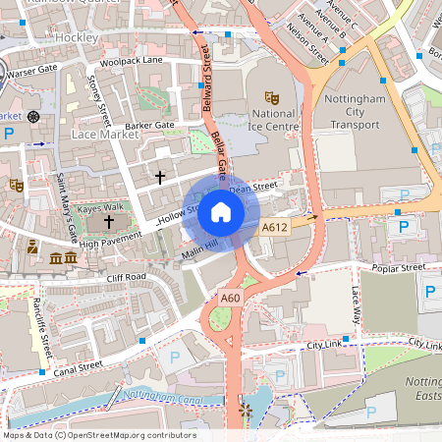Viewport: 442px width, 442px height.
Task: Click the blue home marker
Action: coord(221,211)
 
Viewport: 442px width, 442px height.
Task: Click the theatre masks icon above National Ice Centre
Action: coord(272,97)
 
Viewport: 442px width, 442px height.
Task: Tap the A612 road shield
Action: coord(274,228)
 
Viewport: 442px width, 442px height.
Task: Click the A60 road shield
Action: coord(231,298)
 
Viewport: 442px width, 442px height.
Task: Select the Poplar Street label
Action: coord(399,266)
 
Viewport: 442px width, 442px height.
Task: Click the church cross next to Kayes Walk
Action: coord(108,224)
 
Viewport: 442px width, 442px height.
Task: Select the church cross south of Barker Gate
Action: coord(160,177)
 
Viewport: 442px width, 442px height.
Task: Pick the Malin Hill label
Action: coord(199,249)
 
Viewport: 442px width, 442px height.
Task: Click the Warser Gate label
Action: coord(33,71)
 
